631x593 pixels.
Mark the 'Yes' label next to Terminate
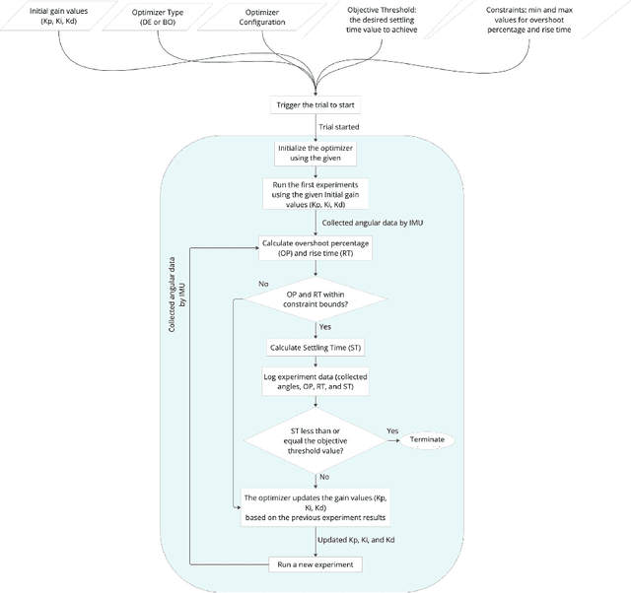point(392,430)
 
